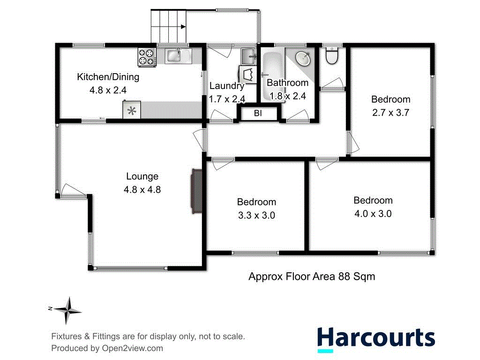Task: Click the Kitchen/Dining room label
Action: click(x=108, y=77)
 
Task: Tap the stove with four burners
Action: click(x=146, y=57)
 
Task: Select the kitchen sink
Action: click(x=174, y=56)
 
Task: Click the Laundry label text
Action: click(x=227, y=86)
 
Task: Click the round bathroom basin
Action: click(x=303, y=59)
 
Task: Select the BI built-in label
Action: click(x=258, y=113)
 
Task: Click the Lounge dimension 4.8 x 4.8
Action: click(x=142, y=190)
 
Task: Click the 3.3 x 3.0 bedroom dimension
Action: click(x=256, y=216)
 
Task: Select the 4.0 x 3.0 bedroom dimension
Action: click(x=373, y=214)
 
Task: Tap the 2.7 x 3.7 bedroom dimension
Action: click(x=391, y=112)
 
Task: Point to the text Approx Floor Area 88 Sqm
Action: click(x=311, y=277)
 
